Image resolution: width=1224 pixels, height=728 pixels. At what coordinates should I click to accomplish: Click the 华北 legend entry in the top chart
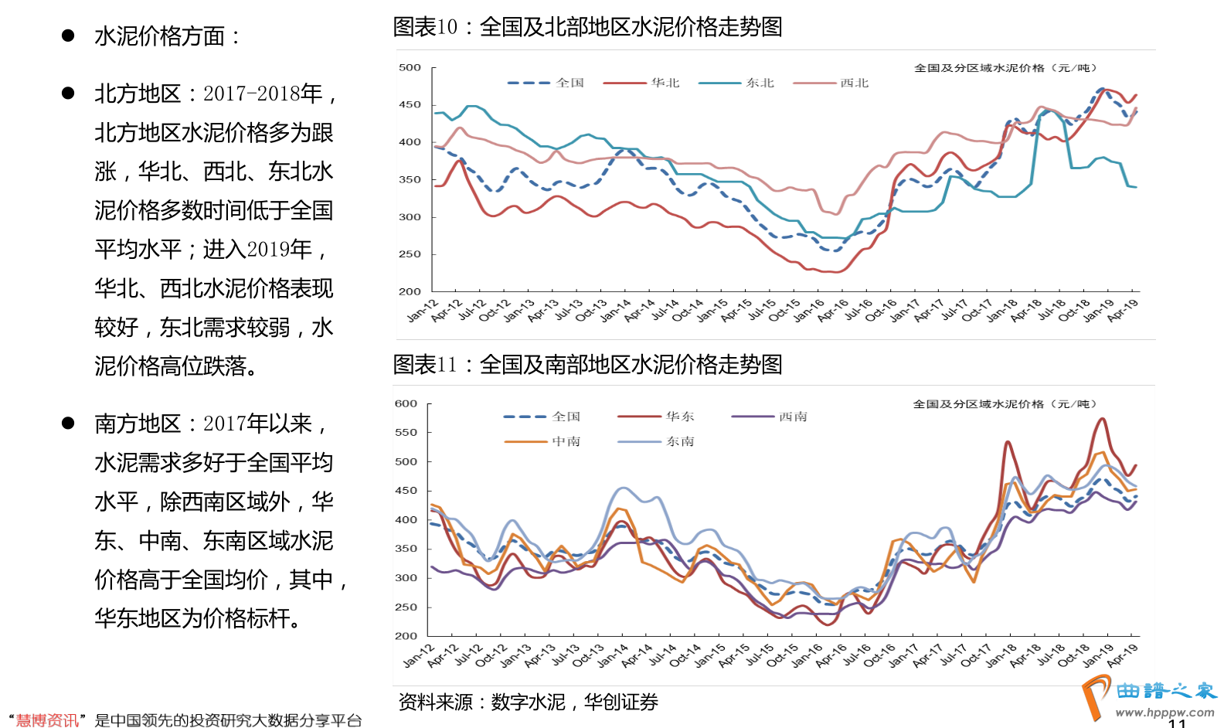665,83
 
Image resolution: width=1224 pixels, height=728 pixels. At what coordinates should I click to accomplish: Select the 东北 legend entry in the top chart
760,83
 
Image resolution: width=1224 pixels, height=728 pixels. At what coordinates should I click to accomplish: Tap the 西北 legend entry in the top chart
854,83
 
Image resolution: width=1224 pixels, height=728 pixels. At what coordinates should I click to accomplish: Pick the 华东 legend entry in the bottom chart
680,417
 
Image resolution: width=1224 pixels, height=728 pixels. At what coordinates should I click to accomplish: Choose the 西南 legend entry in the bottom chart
793,417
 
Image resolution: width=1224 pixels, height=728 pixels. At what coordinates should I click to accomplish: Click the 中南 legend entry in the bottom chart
566,441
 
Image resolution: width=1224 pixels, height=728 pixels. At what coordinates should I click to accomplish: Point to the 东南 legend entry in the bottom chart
680,441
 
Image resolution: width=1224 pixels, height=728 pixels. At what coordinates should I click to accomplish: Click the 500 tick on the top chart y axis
410,68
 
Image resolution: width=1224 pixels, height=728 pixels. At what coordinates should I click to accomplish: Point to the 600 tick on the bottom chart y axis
406,404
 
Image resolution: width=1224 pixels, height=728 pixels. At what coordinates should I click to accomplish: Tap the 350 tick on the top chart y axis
410,180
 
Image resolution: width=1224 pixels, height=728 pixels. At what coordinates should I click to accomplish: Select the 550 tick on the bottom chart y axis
406,433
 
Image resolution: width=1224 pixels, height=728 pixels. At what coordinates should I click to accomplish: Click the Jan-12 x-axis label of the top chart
422,311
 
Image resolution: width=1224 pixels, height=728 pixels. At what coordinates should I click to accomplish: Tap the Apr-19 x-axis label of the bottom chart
1123,655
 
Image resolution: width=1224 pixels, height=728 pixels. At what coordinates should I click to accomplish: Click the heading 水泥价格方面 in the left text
166,36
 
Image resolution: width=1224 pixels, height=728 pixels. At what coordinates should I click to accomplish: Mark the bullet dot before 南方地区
68,423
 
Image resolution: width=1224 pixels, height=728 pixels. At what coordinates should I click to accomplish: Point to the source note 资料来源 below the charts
528,702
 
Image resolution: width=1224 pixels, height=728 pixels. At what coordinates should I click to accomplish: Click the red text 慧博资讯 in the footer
47,720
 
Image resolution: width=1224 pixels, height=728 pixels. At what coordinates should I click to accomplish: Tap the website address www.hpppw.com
1164,713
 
